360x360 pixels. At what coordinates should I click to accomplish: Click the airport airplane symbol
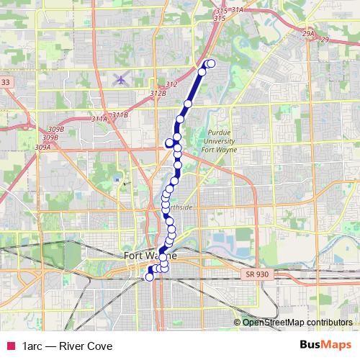pos(120,78)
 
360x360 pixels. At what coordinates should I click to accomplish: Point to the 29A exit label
pos(309,34)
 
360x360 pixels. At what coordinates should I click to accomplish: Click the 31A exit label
pos(238,11)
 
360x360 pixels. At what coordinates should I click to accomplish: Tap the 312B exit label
pos(158,94)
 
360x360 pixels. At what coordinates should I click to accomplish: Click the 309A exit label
pos(43,147)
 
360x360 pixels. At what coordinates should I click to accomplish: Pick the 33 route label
pos(6,83)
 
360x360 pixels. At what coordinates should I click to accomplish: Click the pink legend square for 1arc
pos(9,346)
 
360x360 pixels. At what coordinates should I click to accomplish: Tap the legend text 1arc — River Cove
pos(67,346)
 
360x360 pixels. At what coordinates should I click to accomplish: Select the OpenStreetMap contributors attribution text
pos(297,323)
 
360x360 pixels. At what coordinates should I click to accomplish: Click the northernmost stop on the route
pos(211,64)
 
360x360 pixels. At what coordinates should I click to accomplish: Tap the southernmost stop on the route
pos(150,276)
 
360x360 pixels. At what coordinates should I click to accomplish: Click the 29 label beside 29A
pos(324,40)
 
